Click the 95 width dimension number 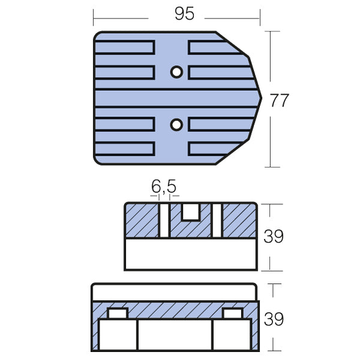pos(184,14)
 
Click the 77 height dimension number pos(279,100)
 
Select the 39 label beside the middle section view pos(274,237)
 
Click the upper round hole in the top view pos(176,72)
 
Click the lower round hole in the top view pos(176,124)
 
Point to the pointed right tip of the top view pos(261,98)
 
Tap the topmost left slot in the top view pos(124,46)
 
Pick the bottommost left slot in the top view pos(124,148)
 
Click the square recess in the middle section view pos(190,211)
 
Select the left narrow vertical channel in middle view pos(164,220)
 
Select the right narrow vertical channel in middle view pos(217,220)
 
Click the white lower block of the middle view pos(191,254)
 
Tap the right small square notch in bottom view pos(232,314)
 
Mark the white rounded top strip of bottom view pos(174,292)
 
